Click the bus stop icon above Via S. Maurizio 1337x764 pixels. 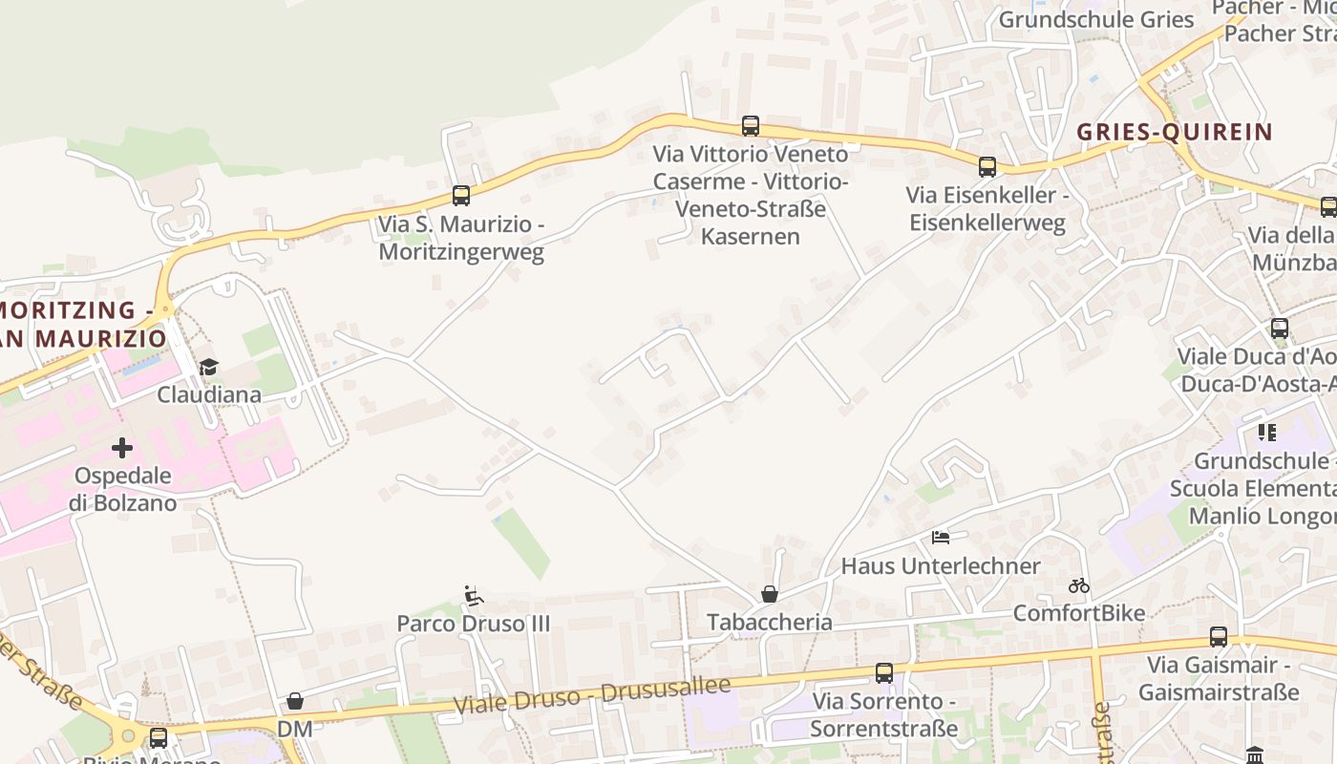(x=461, y=196)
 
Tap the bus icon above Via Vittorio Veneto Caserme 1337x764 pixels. (x=751, y=125)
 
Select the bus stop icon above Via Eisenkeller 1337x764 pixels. (x=987, y=167)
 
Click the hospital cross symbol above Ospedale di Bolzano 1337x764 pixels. (x=122, y=447)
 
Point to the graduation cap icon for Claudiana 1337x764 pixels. (x=208, y=366)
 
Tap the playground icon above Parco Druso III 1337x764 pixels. (x=473, y=596)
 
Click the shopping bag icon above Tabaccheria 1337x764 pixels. (x=770, y=594)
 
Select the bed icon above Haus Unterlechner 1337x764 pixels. (x=941, y=538)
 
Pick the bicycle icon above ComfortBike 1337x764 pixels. (x=1079, y=585)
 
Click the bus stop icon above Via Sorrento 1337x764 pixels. (x=884, y=672)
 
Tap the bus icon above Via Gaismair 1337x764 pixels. (x=1219, y=636)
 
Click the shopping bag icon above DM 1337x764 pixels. (x=295, y=701)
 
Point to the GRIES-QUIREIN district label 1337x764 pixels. (x=1175, y=132)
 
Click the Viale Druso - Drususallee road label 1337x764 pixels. (x=592, y=694)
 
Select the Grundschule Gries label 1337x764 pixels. (x=1096, y=19)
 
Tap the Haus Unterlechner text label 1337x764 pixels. (x=941, y=565)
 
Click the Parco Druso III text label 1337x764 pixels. (x=474, y=624)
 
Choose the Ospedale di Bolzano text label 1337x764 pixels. (x=123, y=489)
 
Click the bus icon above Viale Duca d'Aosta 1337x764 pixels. (x=1280, y=329)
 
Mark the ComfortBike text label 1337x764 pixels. (x=1079, y=612)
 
